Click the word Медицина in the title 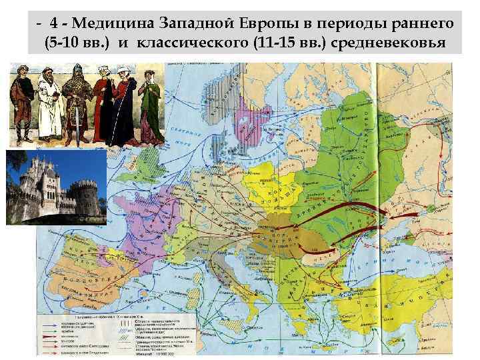pyautogui.click(x=114, y=22)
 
